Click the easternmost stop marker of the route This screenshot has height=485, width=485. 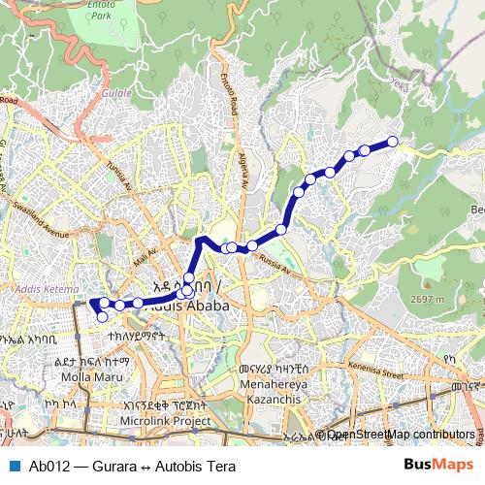(x=393, y=142)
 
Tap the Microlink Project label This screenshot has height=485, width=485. (x=165, y=422)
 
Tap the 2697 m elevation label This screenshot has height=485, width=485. (x=426, y=299)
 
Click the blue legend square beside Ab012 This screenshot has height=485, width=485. (x=15, y=466)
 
